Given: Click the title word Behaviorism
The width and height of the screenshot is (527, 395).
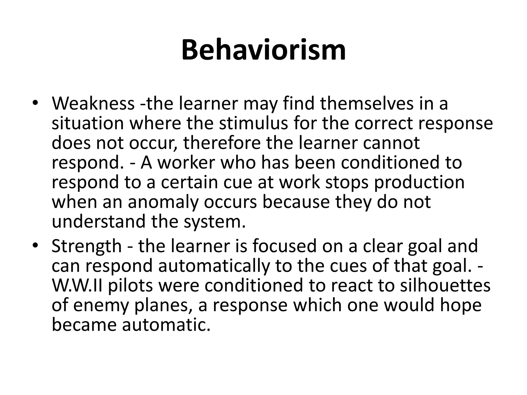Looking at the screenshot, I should tap(263, 50).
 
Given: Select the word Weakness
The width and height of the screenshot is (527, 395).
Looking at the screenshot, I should tap(93, 103).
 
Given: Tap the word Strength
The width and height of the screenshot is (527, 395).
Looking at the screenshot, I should tap(86, 246).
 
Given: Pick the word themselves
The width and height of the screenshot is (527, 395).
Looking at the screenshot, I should tap(366, 103).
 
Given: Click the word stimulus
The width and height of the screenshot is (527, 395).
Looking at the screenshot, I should tap(253, 123).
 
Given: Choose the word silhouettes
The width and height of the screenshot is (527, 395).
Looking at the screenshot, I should tap(445, 285).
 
